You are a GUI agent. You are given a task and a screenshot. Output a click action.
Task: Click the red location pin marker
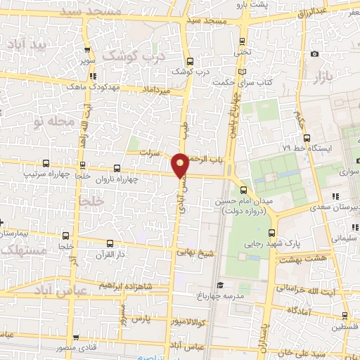pos(181,165)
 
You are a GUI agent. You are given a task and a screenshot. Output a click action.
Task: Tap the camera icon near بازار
pos(315,54)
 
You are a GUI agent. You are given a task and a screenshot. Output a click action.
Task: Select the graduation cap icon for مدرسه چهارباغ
pos(221,285)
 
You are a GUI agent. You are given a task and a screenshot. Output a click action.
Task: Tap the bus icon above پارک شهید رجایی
pos(272,232)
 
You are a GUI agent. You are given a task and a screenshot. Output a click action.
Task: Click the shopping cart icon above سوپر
pos(87,50)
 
